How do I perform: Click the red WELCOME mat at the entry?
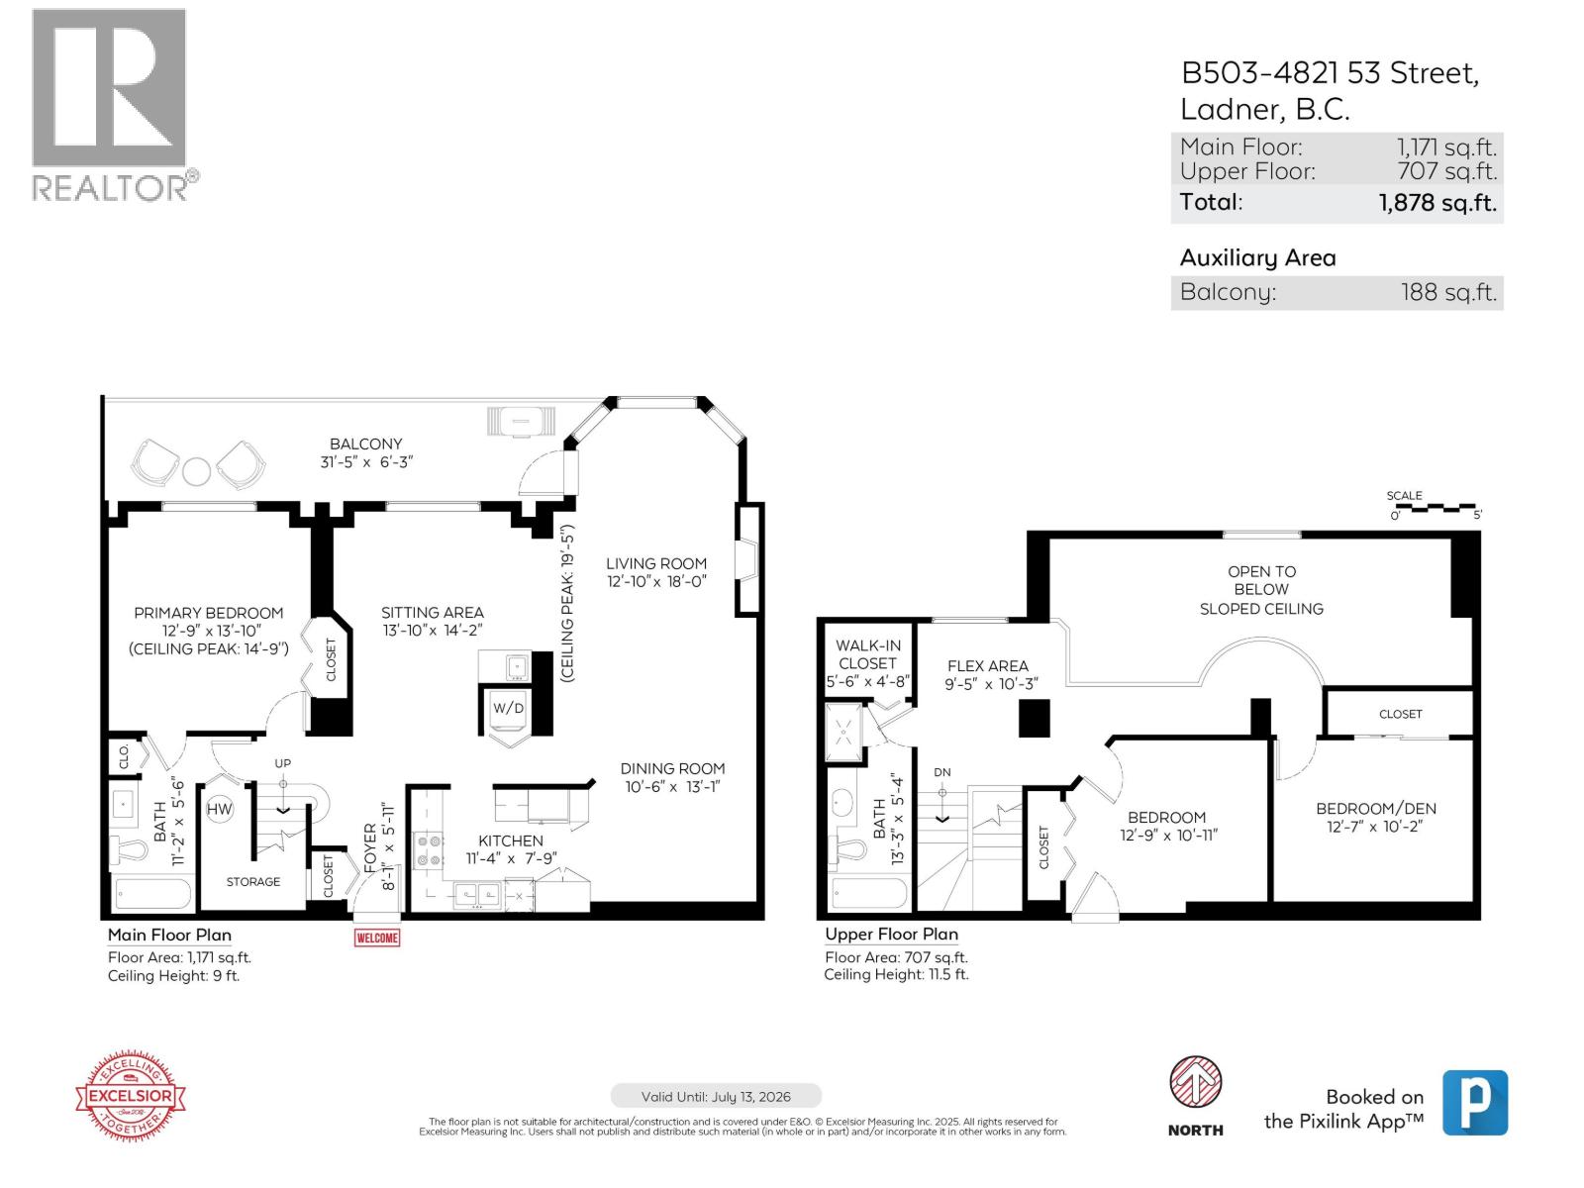coord(377,938)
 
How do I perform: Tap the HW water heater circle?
coord(219,809)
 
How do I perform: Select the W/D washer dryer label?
coord(509,708)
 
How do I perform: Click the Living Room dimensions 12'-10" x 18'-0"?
coord(656,582)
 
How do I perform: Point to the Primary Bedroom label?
coord(209,613)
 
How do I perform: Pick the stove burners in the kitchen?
coord(430,850)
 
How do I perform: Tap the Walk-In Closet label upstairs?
coord(867,654)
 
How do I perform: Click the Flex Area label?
coord(987,666)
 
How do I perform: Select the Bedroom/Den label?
coord(1375,809)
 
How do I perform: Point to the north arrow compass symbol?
coord(1195,1083)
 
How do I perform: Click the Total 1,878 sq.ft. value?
coord(1436,203)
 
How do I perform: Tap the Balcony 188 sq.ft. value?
coord(1448,293)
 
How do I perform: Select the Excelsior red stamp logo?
coord(132,1096)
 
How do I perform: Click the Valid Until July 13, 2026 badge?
coord(716,1096)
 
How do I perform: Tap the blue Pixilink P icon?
coord(1474,1102)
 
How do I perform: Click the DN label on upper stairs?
coord(941,772)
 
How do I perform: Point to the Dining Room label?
coord(672,768)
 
